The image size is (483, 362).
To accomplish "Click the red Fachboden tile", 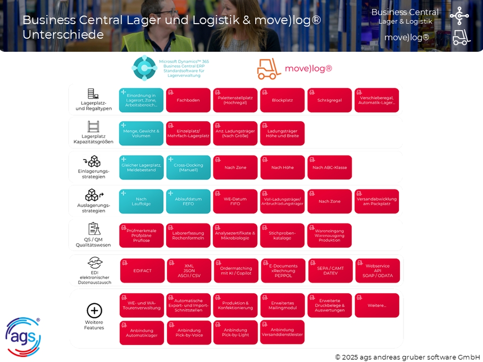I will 188,100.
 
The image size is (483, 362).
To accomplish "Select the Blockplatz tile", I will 282,100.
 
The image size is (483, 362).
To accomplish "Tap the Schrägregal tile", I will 330,100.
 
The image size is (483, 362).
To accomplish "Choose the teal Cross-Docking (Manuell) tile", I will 188,167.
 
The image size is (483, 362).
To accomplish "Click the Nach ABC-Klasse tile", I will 330,167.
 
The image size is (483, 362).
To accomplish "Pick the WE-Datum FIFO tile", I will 235,201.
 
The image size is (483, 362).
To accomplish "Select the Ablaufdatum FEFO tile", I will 188,201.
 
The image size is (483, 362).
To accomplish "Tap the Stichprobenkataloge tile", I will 282,235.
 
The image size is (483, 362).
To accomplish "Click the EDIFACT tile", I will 142,271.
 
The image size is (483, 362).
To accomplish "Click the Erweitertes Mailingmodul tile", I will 282,305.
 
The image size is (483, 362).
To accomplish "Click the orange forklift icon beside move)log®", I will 269,69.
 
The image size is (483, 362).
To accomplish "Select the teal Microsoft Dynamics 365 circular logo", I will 143,68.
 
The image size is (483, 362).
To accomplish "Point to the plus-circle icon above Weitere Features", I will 94,311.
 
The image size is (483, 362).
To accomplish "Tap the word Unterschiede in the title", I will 63,35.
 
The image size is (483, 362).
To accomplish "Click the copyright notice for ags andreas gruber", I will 407,357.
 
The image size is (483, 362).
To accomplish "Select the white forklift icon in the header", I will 461,37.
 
